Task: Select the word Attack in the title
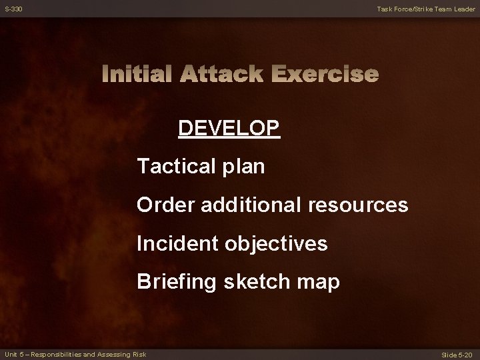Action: click(x=222, y=74)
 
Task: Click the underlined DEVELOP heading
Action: click(x=229, y=127)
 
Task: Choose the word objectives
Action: click(x=277, y=244)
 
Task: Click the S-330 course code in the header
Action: click(x=13, y=9)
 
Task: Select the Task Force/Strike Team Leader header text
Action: click(x=425, y=9)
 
